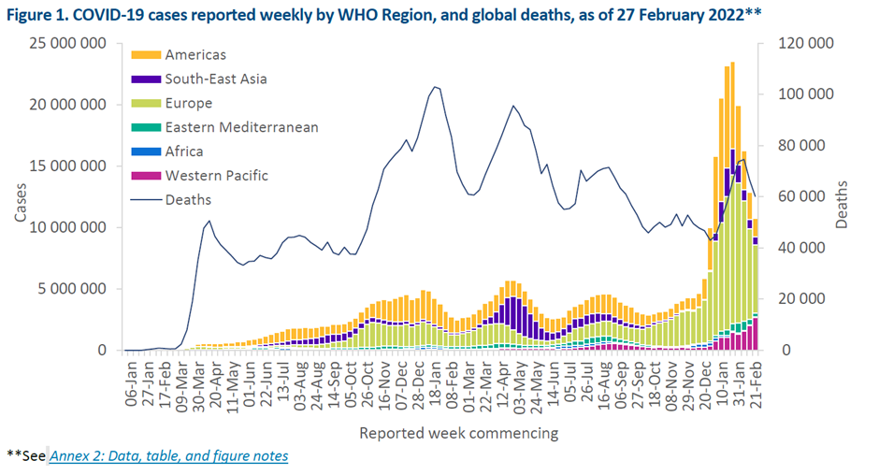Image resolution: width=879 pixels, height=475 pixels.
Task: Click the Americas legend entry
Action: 195,55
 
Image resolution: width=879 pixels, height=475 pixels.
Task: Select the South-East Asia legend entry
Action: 215,79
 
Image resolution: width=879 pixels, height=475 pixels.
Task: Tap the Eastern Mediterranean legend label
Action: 241,127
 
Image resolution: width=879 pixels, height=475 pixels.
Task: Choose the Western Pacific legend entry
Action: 216,175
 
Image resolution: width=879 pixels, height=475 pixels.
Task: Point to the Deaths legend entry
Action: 188,199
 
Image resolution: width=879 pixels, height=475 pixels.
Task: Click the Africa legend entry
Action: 184,151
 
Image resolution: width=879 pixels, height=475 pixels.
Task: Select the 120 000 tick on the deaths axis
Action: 809,44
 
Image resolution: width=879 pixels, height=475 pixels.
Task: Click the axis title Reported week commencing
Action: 459,433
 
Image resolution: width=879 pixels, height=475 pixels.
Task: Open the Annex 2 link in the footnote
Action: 168,456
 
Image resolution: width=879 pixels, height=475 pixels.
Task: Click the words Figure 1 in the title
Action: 44,13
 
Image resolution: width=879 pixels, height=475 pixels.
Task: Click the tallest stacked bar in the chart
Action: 732,206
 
